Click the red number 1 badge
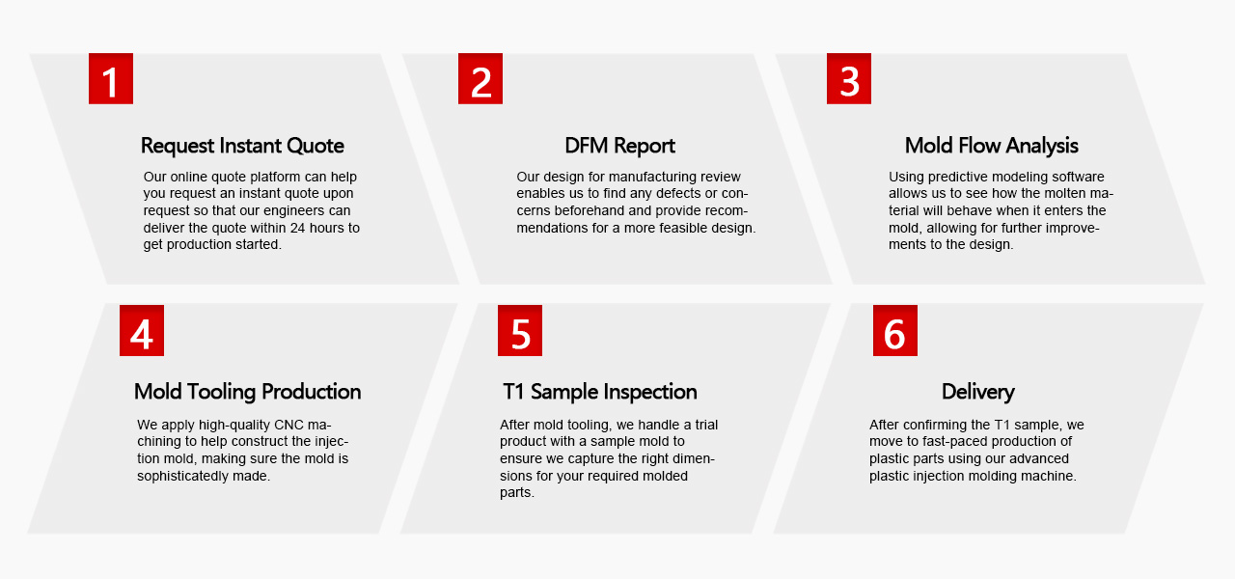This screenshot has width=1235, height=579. [x=111, y=78]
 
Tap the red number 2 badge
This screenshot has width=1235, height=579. [x=480, y=78]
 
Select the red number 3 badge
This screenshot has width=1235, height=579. [x=849, y=78]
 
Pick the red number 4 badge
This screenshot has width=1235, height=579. [x=142, y=330]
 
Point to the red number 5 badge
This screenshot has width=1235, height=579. [x=520, y=330]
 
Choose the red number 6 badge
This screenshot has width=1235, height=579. [x=895, y=330]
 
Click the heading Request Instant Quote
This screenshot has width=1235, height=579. [x=242, y=146]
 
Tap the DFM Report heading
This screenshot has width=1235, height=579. [x=619, y=146]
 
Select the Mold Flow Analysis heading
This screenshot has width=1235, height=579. [x=991, y=146]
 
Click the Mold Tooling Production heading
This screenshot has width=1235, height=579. [x=248, y=392]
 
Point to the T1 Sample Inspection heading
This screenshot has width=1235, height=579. [x=600, y=392]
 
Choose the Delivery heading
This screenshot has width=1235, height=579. [x=978, y=392]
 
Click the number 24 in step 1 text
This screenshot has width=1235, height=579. [x=298, y=228]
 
